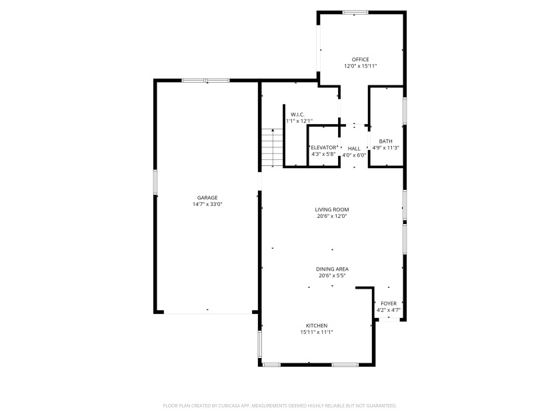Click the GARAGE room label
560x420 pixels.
[x=207, y=197]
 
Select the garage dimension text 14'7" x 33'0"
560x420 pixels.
[x=207, y=205]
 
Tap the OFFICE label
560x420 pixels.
[x=361, y=59]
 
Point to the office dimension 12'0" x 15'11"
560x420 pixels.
[x=361, y=67]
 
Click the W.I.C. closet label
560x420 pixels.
[x=297, y=114]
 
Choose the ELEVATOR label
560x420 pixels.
[x=324, y=147]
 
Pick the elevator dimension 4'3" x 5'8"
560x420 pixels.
[x=324, y=155]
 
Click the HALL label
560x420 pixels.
[x=354, y=148]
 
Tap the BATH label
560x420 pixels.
[x=385, y=141]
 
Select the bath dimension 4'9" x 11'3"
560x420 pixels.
[x=385, y=148]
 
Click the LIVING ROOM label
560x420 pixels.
[x=333, y=209]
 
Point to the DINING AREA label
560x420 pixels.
[x=333, y=269]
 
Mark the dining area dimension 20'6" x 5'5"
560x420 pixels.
[x=333, y=276]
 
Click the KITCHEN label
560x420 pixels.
[x=316, y=325]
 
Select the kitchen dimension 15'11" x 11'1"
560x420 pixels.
[x=316, y=333]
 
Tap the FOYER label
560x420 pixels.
[x=388, y=303]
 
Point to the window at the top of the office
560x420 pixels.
[x=355, y=12]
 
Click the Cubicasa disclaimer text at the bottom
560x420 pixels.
[x=280, y=405]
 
